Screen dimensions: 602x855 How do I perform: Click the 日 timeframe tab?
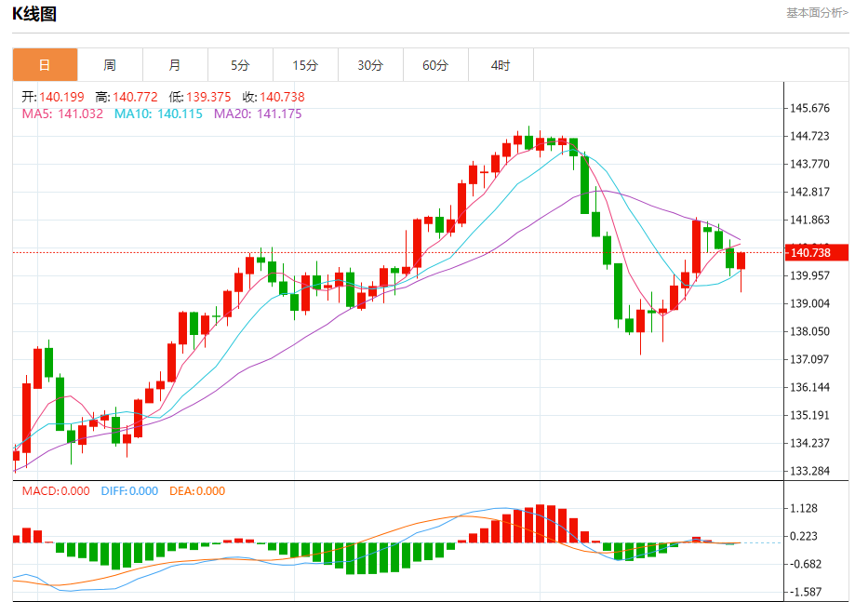click(45, 65)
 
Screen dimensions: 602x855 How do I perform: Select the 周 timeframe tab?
click(110, 65)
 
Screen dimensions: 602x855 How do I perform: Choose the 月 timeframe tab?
click(175, 65)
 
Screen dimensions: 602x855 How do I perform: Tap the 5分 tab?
click(240, 65)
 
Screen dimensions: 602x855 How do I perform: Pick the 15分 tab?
click(305, 65)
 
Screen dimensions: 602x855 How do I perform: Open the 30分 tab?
click(370, 65)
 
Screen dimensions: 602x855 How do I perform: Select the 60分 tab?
click(435, 65)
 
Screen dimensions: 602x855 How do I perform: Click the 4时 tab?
click(501, 65)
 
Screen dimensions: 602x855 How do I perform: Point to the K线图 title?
click(34, 13)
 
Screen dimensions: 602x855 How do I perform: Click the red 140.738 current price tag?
click(817, 253)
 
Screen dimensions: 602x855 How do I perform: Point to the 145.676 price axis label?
click(809, 108)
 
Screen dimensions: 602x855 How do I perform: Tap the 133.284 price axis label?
click(809, 471)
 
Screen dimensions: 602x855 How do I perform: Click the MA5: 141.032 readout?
click(62, 114)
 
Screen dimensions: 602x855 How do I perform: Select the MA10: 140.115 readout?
click(158, 114)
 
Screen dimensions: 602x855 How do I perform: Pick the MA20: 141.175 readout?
click(258, 114)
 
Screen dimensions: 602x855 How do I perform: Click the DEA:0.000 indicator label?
click(197, 491)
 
